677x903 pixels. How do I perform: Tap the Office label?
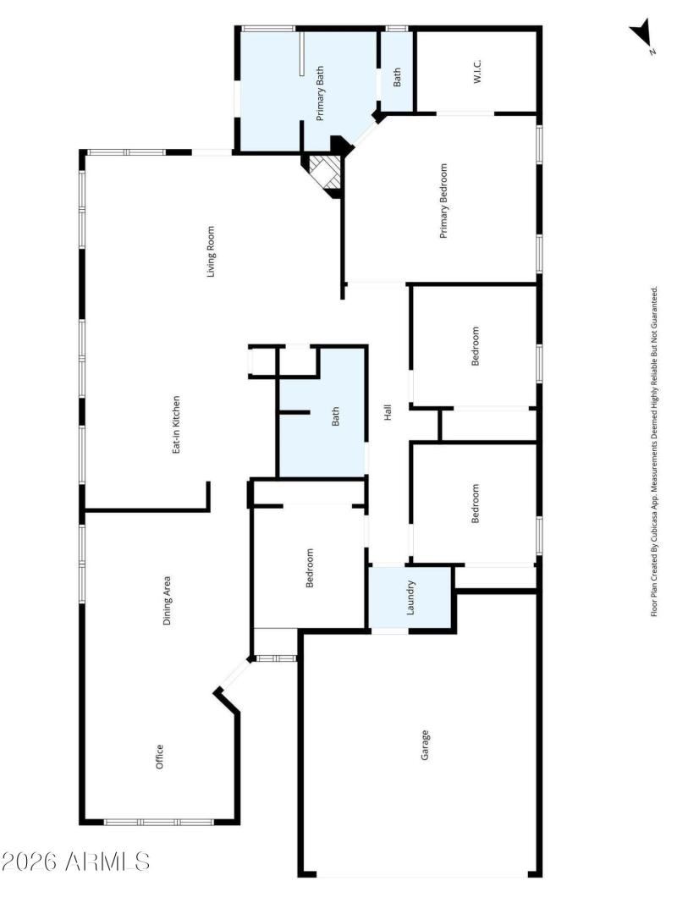[x=158, y=757]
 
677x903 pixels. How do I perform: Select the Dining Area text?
[x=168, y=601]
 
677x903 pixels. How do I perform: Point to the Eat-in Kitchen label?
[x=177, y=424]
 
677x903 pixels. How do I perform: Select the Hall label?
[x=388, y=413]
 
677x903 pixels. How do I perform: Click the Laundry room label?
[x=410, y=597]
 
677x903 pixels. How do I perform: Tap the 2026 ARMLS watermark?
[x=76, y=862]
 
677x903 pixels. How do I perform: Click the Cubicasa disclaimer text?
[x=654, y=451]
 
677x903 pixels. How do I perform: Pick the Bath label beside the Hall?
[x=335, y=416]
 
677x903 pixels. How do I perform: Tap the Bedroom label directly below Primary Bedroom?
[x=475, y=346]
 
